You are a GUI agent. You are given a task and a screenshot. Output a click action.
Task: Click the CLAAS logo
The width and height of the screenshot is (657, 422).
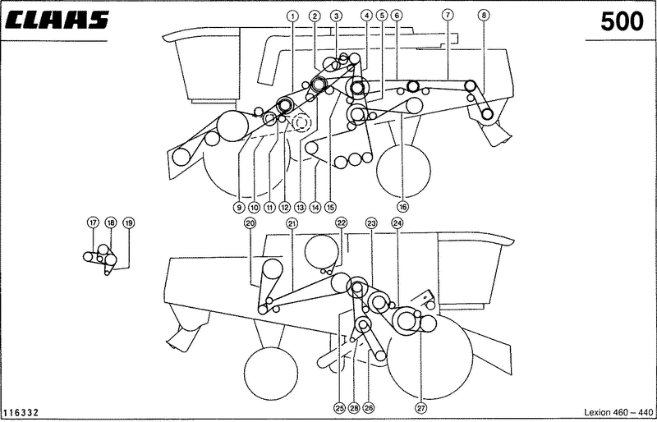(x=57, y=20)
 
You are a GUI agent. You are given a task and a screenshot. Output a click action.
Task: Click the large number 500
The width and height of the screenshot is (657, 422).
(x=622, y=22)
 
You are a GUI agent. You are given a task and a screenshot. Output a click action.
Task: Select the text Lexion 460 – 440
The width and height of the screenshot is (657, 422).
(x=618, y=412)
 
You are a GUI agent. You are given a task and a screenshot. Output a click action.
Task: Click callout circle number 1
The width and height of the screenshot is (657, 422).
(x=292, y=16)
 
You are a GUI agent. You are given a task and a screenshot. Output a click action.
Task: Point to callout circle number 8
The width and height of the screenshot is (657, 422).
(x=484, y=16)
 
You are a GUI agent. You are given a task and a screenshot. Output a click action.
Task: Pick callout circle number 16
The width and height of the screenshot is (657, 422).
(x=403, y=207)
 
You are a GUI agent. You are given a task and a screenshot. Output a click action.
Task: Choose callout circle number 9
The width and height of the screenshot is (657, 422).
(x=238, y=207)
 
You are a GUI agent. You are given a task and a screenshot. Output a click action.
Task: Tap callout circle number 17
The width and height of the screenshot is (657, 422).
(x=93, y=222)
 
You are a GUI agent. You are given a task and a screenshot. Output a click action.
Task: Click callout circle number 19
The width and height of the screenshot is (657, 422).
(x=129, y=222)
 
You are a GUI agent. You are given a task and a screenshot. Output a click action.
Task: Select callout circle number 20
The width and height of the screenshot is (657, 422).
(x=250, y=223)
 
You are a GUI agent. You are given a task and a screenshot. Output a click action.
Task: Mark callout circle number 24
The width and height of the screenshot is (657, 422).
(x=397, y=223)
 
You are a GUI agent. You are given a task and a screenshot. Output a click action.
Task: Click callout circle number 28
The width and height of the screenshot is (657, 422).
(x=355, y=407)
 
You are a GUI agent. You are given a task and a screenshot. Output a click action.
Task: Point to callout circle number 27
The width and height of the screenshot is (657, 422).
(x=421, y=407)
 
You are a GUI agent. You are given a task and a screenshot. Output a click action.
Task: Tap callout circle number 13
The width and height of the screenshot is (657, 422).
(x=300, y=207)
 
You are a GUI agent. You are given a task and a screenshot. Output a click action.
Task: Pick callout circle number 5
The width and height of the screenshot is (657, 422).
(x=382, y=16)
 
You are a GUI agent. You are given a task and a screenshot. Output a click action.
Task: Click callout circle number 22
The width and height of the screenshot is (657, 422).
(x=342, y=222)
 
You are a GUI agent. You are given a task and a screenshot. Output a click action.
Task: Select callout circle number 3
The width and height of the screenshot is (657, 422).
(x=336, y=16)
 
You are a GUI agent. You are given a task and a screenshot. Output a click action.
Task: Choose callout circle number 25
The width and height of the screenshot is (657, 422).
(x=339, y=407)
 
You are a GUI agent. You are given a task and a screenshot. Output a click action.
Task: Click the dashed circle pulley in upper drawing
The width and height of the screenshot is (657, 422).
(x=301, y=123)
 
